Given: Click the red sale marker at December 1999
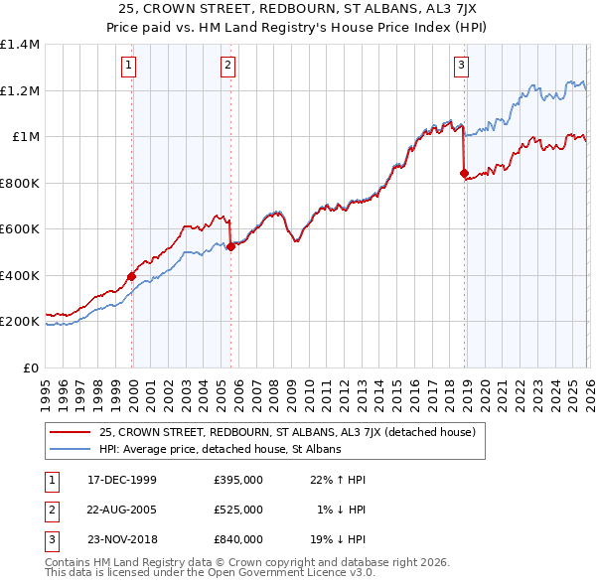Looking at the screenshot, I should coord(132,277).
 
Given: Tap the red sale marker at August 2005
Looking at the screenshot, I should coord(230,247).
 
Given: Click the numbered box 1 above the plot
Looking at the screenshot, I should coord(130,67).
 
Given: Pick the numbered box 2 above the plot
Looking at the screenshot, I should coord(228,67).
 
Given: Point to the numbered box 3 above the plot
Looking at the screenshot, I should coord(462,67).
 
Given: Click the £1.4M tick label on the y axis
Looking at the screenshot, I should coord(20,46).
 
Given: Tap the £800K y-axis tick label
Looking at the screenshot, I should coord(20,184).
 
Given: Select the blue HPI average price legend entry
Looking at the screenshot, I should coord(220,450).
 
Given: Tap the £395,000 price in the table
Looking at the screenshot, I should coord(237,480).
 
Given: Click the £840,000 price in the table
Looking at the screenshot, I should coord(237,539).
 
